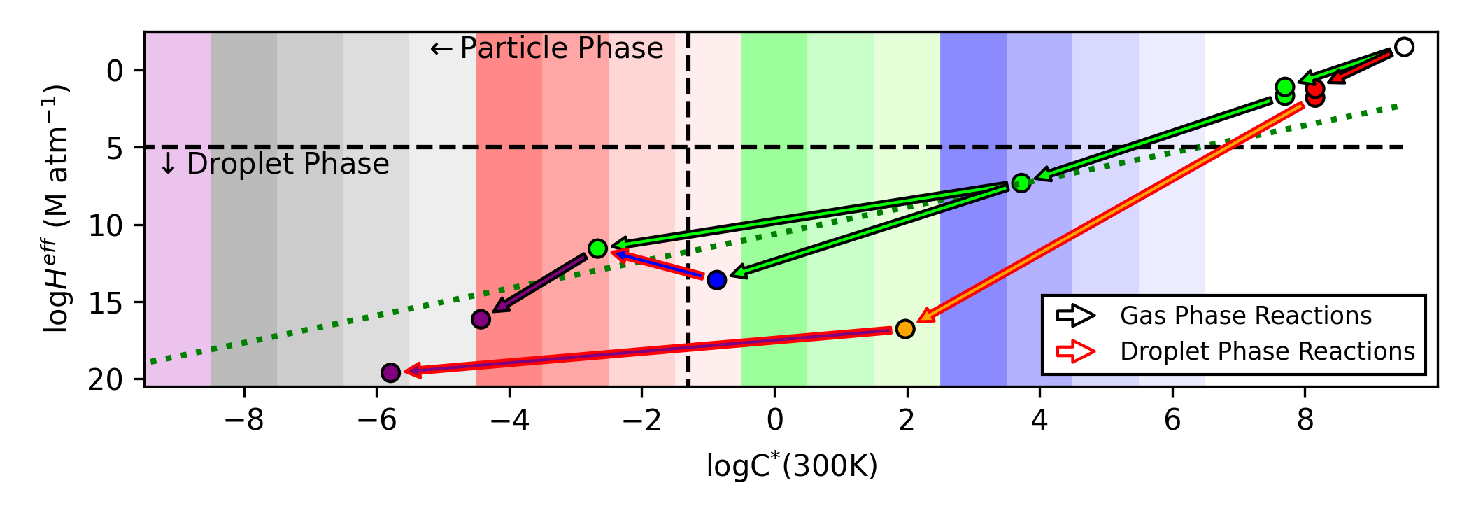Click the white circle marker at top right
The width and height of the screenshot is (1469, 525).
[x=1403, y=47]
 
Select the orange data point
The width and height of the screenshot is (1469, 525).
[x=905, y=328]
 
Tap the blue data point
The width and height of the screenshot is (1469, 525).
[x=716, y=280]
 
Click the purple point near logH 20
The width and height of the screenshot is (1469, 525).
[x=390, y=372]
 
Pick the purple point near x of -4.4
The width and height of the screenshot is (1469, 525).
[x=481, y=319]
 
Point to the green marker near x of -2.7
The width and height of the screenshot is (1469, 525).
[x=597, y=248]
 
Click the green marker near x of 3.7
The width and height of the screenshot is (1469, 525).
[x=1021, y=183]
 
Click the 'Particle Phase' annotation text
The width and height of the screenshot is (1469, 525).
[x=547, y=48]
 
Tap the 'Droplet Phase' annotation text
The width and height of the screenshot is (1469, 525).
[x=274, y=164]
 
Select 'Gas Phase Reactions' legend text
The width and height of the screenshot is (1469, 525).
[x=1245, y=316]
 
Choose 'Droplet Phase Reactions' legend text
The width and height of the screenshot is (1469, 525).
[x=1267, y=351]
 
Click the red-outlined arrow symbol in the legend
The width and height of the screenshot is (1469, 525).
[x=1076, y=351]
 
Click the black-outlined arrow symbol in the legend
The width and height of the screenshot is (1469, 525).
[x=1076, y=316]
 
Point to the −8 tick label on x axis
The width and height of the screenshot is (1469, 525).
[x=244, y=420]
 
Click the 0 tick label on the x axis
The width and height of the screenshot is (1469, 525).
[x=774, y=420]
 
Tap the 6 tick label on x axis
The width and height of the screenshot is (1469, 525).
[x=1172, y=420]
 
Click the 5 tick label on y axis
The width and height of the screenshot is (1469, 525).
[x=115, y=148]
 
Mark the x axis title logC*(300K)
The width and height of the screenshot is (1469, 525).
[x=791, y=466]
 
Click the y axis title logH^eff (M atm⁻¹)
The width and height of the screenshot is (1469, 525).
[x=57, y=209]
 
